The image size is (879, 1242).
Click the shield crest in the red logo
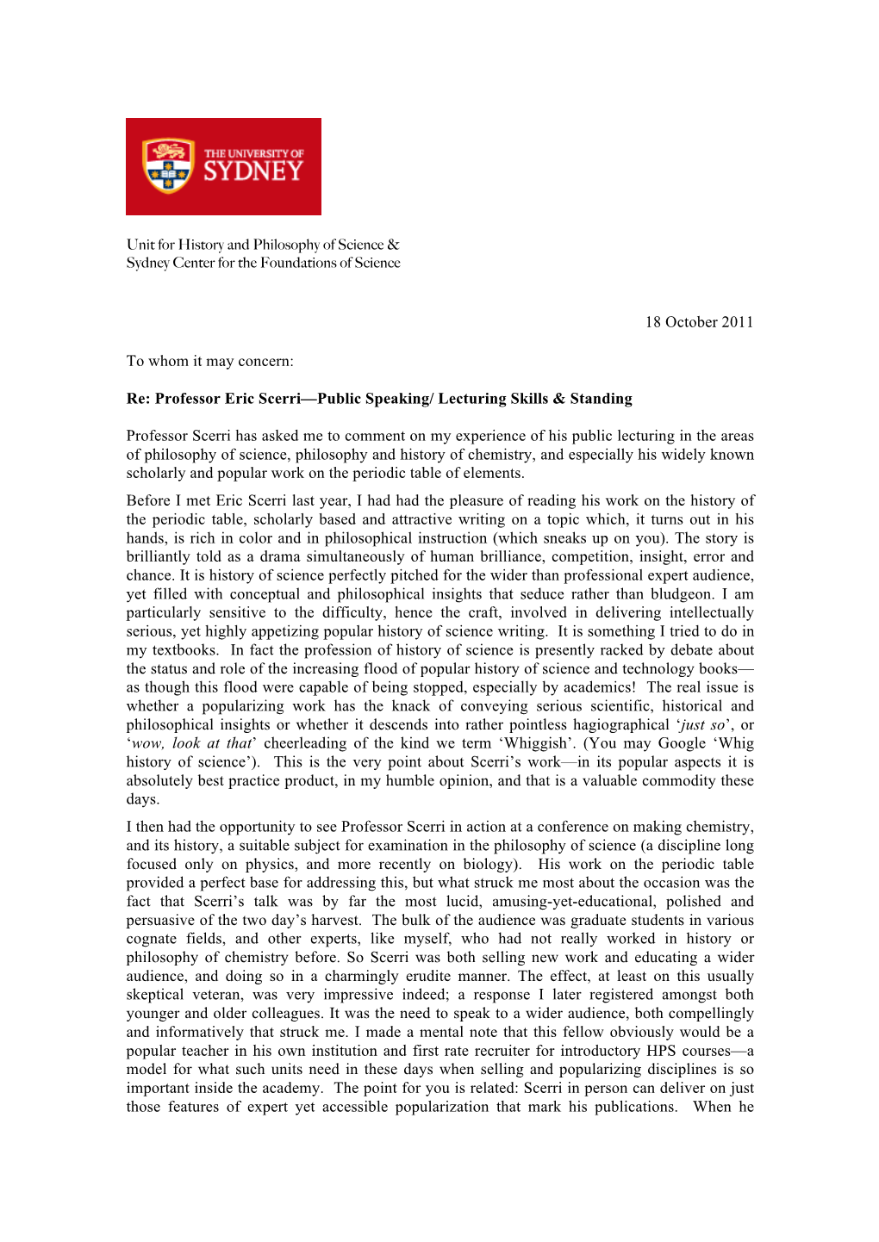[168, 165]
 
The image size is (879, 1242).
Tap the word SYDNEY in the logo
[253, 171]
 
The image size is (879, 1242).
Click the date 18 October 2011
[699, 322]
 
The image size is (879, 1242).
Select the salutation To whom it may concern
[209, 361]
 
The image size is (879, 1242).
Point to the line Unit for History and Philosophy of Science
[262, 245]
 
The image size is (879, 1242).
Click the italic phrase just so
[703, 725]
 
